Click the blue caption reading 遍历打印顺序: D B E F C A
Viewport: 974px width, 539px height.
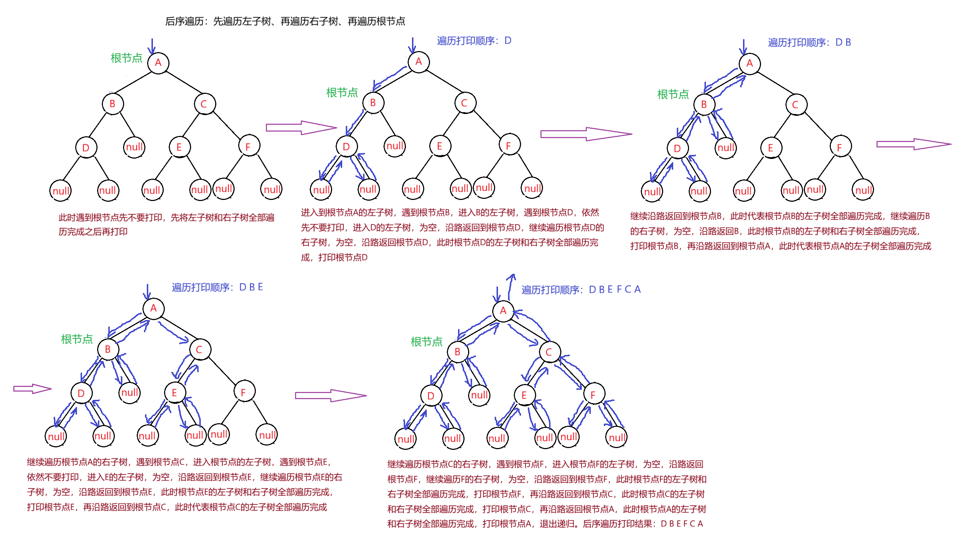[x=581, y=289]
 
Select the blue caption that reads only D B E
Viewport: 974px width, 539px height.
[x=217, y=287]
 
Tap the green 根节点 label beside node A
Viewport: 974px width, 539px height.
[x=126, y=58]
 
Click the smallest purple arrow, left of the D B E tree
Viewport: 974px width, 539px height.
[x=32, y=389]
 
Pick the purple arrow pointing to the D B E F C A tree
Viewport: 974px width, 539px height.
[x=330, y=396]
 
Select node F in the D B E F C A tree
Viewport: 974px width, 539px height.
[x=593, y=395]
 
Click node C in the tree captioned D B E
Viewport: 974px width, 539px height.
[x=199, y=350]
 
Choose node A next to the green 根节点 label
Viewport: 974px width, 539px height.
[x=158, y=62]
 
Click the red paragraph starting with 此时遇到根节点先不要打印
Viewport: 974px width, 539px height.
[x=166, y=224]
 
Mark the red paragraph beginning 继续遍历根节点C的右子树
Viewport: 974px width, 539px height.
[x=546, y=494]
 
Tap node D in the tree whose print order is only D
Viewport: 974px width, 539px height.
[x=346, y=147]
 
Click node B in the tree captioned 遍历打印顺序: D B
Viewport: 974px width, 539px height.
[x=704, y=104]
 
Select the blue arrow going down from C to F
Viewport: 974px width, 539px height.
[x=569, y=376]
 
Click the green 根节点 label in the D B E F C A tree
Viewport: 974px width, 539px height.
[x=426, y=342]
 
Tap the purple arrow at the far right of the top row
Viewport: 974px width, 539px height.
[x=914, y=144]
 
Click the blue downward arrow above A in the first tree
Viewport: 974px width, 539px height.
[x=151, y=46]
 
